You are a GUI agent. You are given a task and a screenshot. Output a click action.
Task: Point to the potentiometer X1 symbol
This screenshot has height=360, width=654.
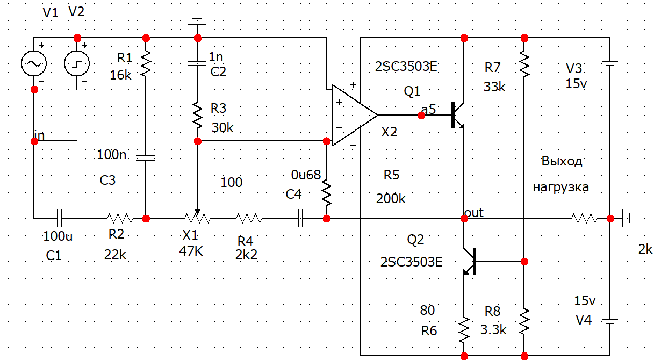click(x=197, y=219)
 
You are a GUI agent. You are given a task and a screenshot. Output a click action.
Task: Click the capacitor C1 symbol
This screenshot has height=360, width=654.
click(x=60, y=219)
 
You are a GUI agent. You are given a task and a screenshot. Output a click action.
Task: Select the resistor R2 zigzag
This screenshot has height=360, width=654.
click(x=120, y=219)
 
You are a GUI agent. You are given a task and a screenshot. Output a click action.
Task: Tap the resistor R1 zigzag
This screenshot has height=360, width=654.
click(x=146, y=63)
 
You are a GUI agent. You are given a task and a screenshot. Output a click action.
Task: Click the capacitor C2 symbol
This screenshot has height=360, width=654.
click(x=197, y=64)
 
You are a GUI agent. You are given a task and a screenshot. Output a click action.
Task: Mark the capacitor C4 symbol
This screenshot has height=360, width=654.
click(x=300, y=219)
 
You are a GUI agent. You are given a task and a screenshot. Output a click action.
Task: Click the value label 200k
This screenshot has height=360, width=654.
click(x=391, y=198)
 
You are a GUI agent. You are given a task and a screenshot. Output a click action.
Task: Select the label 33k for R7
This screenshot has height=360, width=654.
click(x=494, y=87)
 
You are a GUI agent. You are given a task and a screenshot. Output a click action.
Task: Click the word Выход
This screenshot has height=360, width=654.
click(x=562, y=161)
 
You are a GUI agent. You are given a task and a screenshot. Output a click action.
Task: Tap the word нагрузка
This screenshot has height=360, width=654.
click(x=560, y=188)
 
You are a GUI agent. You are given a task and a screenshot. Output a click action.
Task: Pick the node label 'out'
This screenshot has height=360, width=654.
click(x=473, y=213)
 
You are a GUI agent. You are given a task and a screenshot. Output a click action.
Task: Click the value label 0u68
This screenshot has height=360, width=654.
click(x=306, y=175)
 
